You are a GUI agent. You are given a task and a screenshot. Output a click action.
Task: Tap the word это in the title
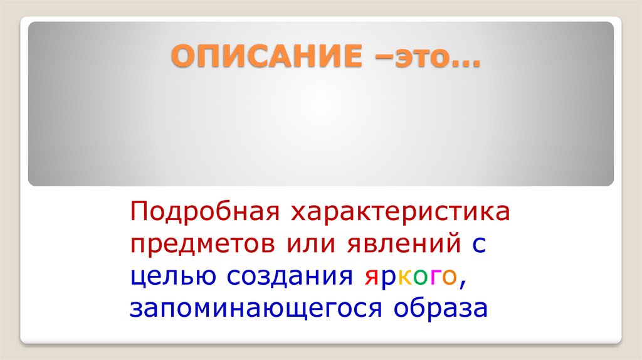[x=414, y=58]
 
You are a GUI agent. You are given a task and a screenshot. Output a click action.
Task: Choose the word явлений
[x=404, y=245]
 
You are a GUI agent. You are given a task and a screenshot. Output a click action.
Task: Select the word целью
[x=169, y=277]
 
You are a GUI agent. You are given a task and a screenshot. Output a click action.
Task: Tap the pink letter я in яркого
[x=369, y=278]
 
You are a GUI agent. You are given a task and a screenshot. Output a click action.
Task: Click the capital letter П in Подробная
[x=138, y=213]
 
